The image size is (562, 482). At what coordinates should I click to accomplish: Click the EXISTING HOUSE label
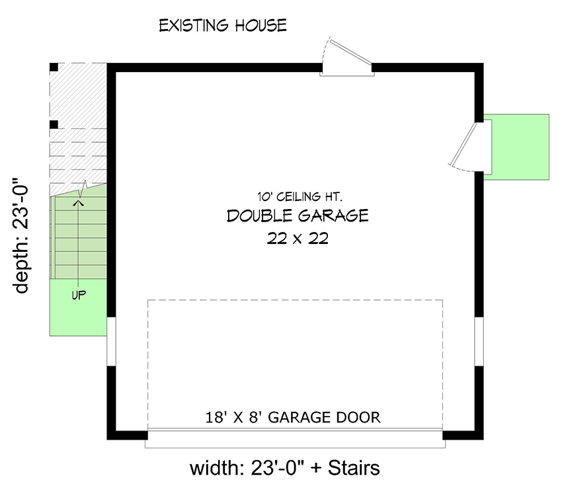click(223, 25)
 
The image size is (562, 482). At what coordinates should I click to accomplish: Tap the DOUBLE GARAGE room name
click(298, 216)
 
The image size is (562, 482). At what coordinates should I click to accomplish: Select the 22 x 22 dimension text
click(298, 238)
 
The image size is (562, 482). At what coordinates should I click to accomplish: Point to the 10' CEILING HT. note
click(300, 196)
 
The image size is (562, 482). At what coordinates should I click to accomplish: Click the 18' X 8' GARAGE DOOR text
click(293, 417)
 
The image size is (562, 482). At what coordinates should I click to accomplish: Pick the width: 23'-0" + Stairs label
click(284, 467)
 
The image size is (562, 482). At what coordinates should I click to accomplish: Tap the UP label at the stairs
click(79, 296)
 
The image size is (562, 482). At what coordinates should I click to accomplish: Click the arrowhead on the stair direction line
click(79, 203)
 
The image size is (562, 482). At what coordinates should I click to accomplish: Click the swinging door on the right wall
click(470, 146)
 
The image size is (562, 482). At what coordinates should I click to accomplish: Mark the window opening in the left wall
click(111, 342)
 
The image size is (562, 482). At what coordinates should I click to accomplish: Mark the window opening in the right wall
click(479, 342)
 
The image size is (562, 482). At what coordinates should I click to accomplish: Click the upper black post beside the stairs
click(54, 67)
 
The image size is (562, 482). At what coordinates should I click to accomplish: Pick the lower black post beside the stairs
click(54, 125)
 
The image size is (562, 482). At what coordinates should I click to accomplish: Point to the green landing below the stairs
click(78, 307)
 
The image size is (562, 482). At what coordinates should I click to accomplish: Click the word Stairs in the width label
click(354, 467)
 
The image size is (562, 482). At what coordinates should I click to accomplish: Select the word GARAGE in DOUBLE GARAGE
click(333, 216)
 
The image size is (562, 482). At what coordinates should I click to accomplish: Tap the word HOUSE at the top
click(261, 25)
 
